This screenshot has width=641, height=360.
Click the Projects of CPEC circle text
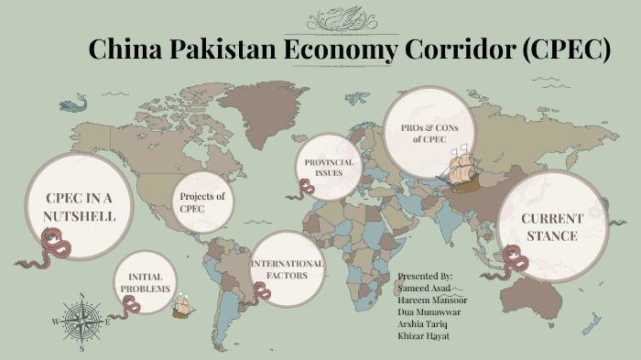click(202, 202)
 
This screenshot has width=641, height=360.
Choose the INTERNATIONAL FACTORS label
click(288, 268)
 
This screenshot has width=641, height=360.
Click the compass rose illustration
click(81, 321)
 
